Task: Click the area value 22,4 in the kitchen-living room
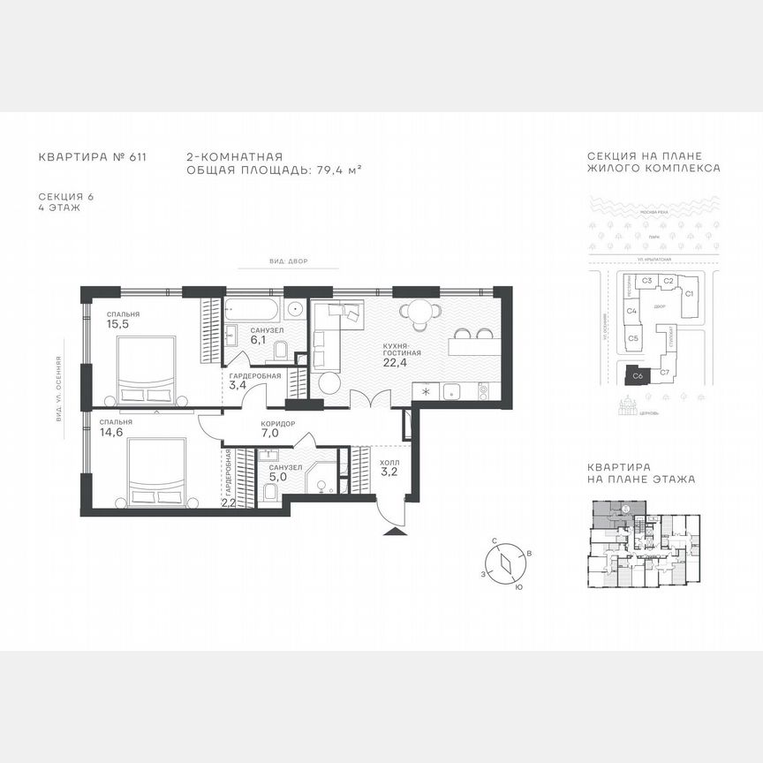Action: (396, 360)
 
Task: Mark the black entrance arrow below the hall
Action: (392, 531)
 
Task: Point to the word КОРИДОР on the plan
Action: (277, 423)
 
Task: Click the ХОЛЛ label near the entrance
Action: (389, 461)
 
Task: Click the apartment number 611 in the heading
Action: (137, 157)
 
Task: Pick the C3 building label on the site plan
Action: (646, 281)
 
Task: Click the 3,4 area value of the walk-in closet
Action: (238, 385)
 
